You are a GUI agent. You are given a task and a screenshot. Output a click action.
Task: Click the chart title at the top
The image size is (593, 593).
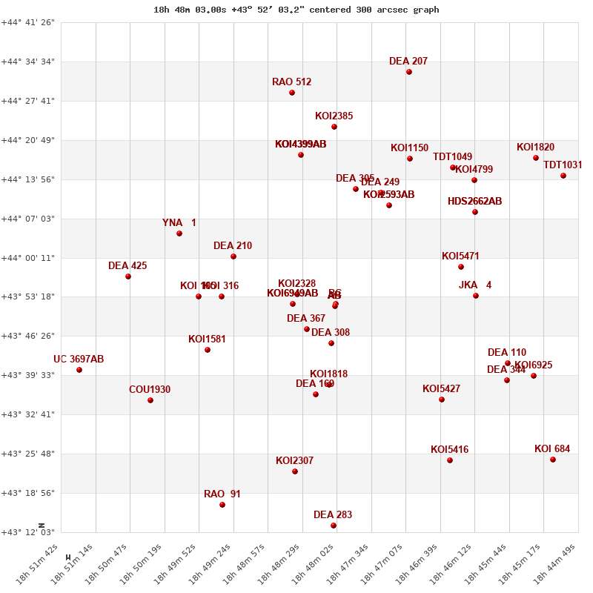[x=296, y=10]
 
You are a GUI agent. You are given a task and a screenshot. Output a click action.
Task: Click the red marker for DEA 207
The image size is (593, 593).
[x=409, y=72]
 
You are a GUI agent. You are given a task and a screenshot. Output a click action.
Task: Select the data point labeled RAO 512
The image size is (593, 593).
[x=292, y=93]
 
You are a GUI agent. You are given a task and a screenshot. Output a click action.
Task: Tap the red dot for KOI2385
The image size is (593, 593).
[x=334, y=127]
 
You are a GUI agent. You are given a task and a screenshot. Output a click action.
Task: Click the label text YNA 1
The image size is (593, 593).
[x=179, y=223]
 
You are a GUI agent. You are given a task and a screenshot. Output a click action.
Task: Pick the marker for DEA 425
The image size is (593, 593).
[x=128, y=276]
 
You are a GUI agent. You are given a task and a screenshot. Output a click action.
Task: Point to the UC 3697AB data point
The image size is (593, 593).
[x=79, y=370]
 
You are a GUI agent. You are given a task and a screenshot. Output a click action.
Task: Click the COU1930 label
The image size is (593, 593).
[x=150, y=390]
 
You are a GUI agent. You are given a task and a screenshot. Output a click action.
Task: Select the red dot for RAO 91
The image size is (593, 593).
[x=222, y=505]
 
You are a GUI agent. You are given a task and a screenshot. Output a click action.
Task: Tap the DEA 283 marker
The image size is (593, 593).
[x=334, y=526]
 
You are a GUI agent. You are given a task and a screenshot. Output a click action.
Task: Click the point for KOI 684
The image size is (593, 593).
[x=553, y=460]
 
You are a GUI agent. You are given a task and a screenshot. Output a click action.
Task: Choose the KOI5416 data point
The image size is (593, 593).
[x=450, y=460]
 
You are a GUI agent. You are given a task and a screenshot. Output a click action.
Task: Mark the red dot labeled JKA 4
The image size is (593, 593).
[x=476, y=296]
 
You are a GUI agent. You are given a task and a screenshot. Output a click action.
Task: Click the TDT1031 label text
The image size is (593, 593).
[x=563, y=165]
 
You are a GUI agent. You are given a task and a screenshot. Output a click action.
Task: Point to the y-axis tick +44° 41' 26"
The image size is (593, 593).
[x=28, y=23]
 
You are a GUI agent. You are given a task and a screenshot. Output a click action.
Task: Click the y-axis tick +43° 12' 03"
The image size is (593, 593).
[x=28, y=532]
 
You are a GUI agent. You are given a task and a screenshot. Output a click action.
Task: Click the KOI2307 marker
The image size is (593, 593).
[x=295, y=471]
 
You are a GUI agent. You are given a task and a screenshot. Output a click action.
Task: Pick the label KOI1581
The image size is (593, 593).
[x=208, y=339]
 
